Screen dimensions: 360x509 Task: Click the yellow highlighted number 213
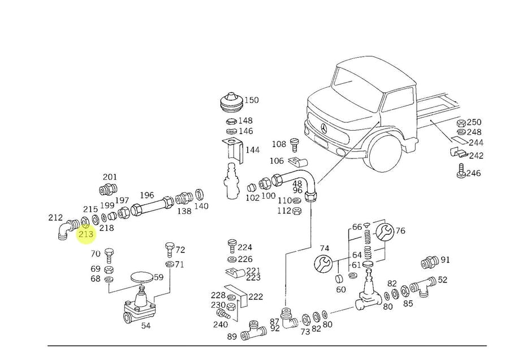86,234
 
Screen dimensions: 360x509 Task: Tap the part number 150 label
251,100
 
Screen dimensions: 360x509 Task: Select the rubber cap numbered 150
230,102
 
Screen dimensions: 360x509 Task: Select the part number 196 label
146,195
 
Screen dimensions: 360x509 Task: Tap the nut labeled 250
460,123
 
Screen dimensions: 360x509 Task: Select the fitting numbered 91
429,263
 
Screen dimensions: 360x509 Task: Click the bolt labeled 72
169,249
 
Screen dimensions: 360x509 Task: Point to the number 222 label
256,297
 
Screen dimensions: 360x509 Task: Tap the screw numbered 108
294,144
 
